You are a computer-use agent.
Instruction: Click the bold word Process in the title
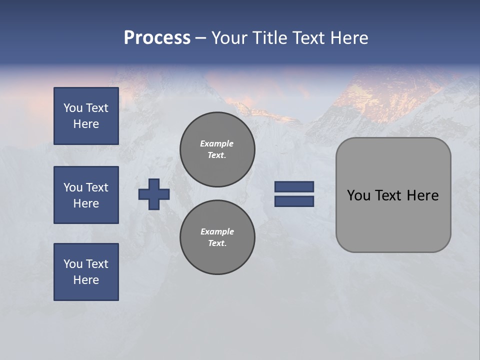click(x=157, y=38)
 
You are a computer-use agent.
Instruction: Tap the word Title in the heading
click(x=268, y=38)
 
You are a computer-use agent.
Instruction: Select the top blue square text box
click(x=86, y=116)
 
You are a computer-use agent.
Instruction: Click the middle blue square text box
click(x=86, y=195)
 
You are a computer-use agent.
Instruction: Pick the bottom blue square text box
click(x=86, y=272)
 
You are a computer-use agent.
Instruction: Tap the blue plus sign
click(x=154, y=194)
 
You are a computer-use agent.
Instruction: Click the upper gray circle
click(x=217, y=149)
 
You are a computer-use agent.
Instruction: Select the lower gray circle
click(x=217, y=237)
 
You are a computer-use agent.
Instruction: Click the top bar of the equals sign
click(x=294, y=186)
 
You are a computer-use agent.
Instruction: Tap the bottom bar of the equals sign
click(x=294, y=201)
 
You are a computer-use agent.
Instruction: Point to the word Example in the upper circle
click(x=217, y=143)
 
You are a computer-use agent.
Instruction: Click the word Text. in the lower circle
click(x=217, y=243)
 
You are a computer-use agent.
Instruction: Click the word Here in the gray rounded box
click(x=422, y=195)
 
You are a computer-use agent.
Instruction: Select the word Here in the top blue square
click(x=86, y=124)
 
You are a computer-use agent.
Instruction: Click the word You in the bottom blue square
click(x=72, y=264)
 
